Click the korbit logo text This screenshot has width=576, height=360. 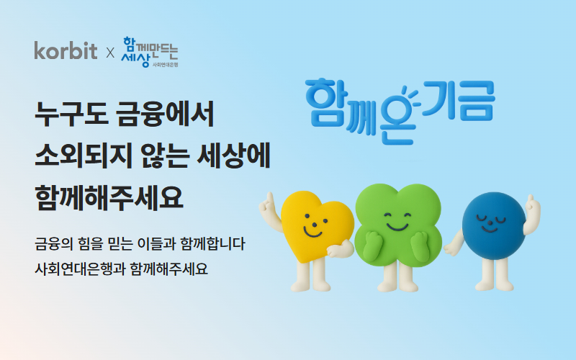(x=66, y=51)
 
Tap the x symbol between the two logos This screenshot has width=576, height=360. (x=110, y=53)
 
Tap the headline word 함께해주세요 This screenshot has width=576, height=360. (x=109, y=196)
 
